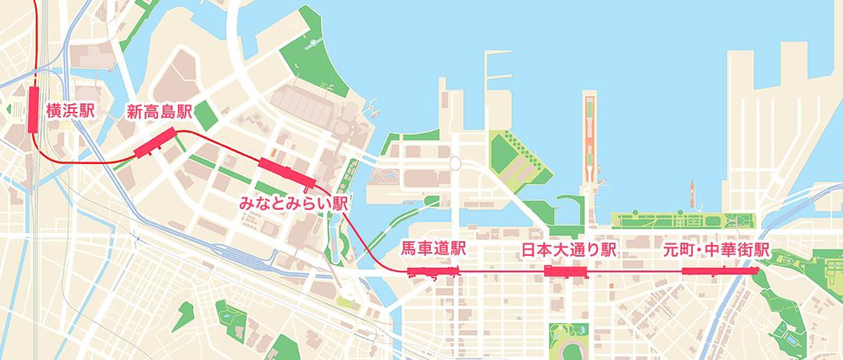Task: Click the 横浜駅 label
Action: (71, 110)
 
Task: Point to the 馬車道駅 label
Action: (434, 250)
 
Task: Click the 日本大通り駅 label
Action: (569, 250)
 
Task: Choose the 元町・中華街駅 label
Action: (717, 250)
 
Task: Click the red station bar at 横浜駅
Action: (34, 110)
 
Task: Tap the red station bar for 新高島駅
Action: (156, 143)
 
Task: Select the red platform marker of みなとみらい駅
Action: (287, 172)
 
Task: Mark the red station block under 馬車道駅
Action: (434, 270)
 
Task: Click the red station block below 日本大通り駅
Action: (565, 270)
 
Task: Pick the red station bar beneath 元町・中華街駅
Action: (719, 270)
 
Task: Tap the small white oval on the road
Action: (455, 162)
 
